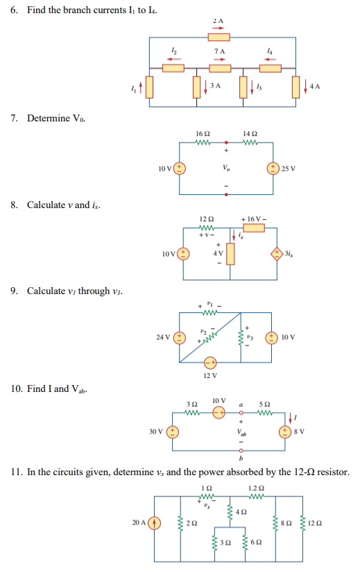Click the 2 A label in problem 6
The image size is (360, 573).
pyautogui.click(x=219, y=22)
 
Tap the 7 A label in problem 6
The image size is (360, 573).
pyautogui.click(x=219, y=51)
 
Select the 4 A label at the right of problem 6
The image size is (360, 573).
pyautogui.click(x=316, y=86)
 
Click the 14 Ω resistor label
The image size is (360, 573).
pyautogui.click(x=250, y=132)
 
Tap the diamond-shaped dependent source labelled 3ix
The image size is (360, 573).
pyautogui.click(x=277, y=253)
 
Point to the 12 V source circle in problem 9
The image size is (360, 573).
pyautogui.click(x=211, y=363)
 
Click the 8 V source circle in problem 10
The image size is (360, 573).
pyautogui.click(x=285, y=431)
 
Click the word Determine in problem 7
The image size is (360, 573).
pyautogui.click(x=46, y=119)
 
